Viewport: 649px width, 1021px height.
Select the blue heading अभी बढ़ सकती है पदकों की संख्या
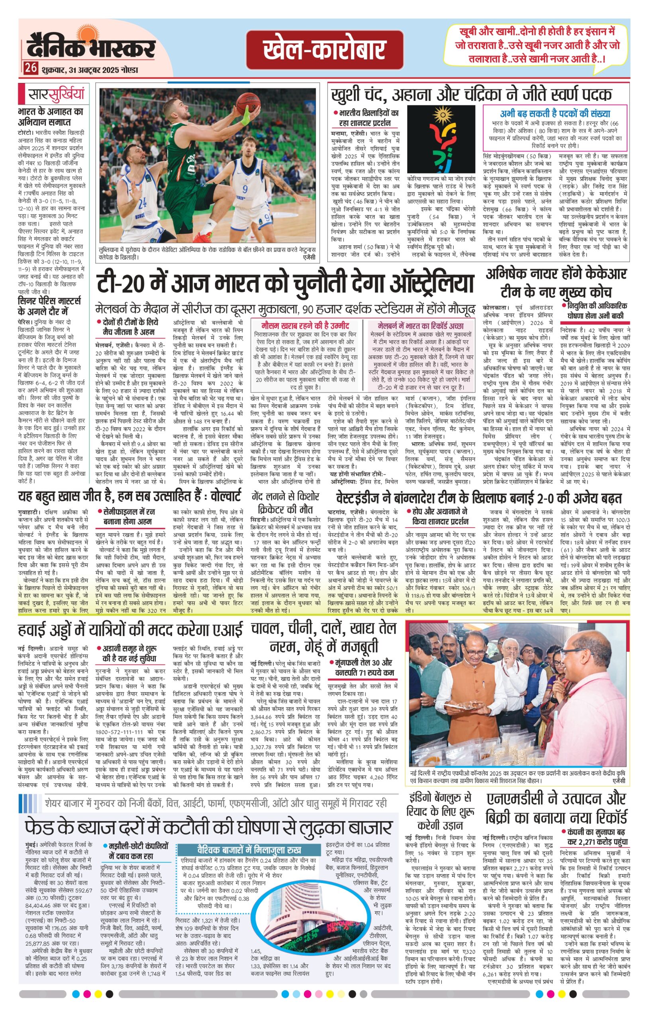[x=555, y=114]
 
